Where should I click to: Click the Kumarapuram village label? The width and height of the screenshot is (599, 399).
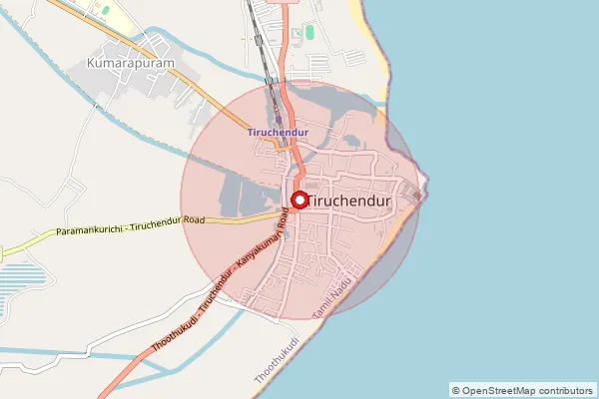(x=132, y=62)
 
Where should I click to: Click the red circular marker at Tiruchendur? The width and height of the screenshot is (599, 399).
(x=299, y=199)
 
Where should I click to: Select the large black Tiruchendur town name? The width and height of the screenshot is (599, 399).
(x=349, y=199)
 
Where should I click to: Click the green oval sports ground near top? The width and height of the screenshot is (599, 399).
(x=308, y=33)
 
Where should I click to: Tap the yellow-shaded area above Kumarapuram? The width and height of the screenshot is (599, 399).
(x=103, y=14)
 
